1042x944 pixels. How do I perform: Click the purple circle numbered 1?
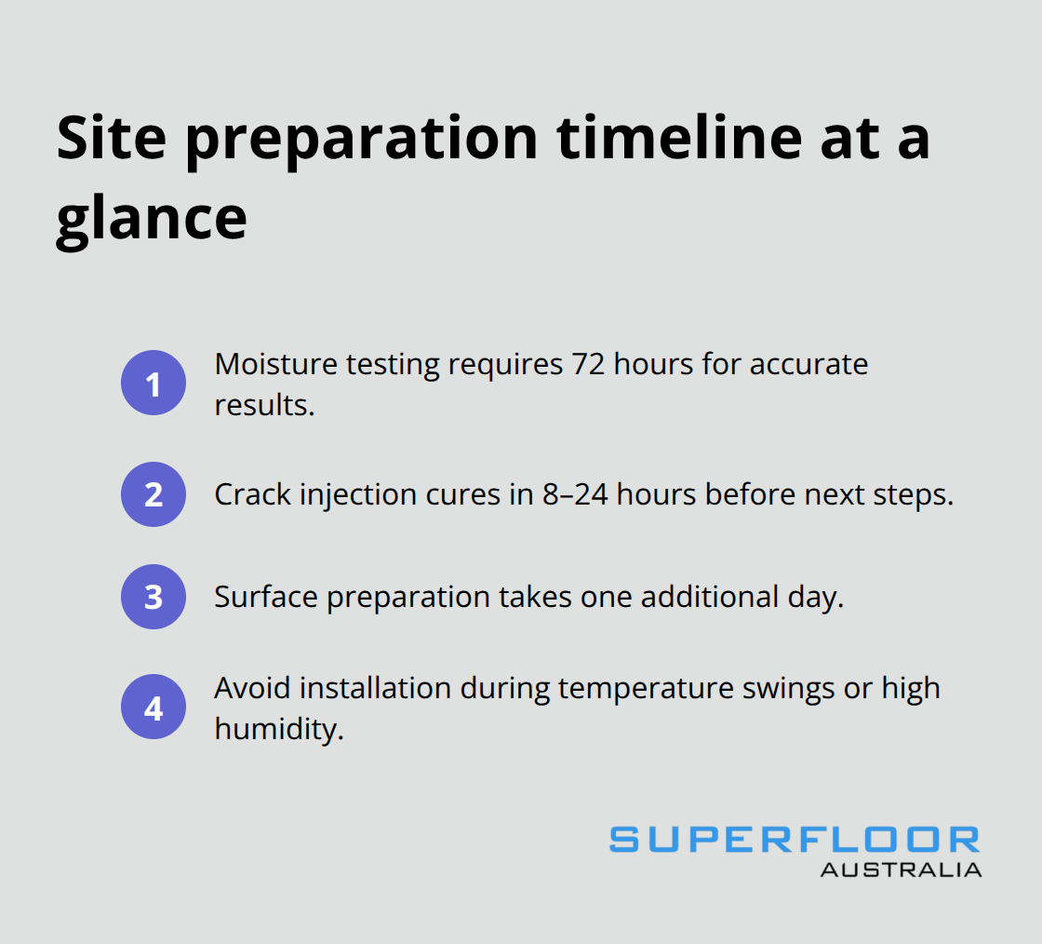point(154,383)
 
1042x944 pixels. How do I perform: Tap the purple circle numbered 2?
point(154,494)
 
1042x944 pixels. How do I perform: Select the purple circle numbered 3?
point(154,597)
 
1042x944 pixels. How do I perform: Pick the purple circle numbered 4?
point(154,707)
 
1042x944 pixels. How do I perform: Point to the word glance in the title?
point(152,220)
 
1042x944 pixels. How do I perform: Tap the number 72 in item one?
point(588,364)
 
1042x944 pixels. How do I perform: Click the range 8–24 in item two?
point(575,494)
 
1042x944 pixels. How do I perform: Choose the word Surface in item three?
point(266,597)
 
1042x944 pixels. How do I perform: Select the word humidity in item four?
point(279,729)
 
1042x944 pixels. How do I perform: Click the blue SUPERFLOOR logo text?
point(795,840)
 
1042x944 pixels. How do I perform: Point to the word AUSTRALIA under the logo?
point(902,870)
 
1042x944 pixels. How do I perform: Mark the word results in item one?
point(264,406)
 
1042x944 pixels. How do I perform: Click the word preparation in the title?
point(362,140)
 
